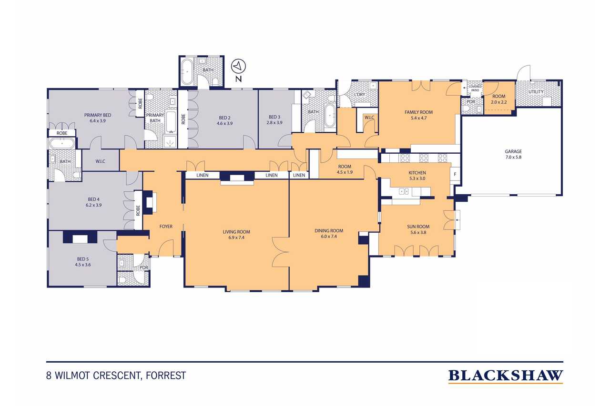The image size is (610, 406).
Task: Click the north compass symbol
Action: (237, 66)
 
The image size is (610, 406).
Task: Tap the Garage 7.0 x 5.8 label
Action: (513, 154)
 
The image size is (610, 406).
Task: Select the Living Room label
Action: (236, 235)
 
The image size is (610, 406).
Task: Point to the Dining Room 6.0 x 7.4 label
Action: (329, 234)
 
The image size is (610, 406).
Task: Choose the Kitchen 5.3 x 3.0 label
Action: (417, 176)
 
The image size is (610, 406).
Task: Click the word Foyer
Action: (166, 227)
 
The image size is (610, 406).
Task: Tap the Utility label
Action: (536, 92)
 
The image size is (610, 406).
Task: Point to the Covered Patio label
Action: (475, 88)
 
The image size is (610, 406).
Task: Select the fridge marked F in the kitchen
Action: (455, 174)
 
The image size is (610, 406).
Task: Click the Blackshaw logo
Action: (505, 376)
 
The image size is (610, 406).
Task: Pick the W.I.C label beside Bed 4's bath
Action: (100, 161)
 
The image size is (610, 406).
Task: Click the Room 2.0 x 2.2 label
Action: (498, 99)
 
